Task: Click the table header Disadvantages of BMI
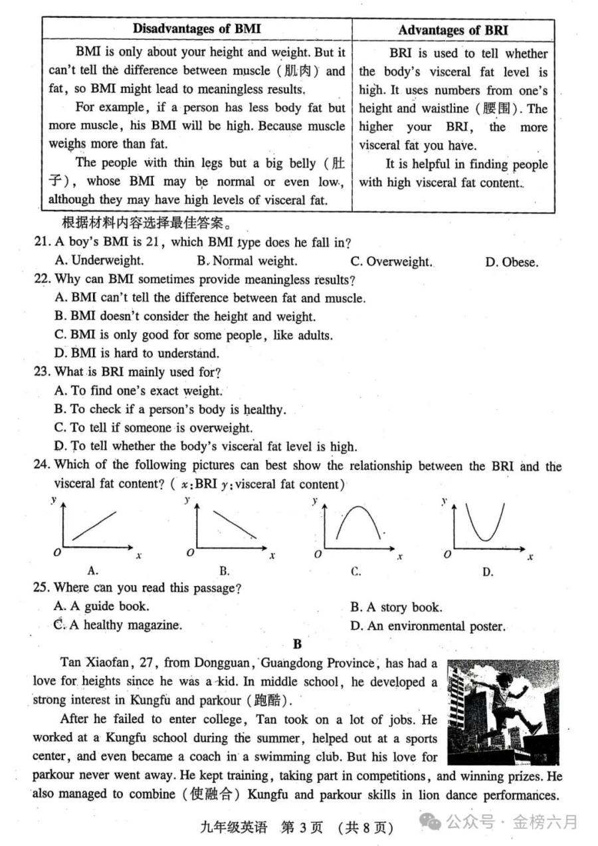pos(197,29)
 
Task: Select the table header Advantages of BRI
pos(453,30)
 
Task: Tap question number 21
pos(42,243)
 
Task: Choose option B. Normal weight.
pos(247,261)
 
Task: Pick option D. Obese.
pos(511,262)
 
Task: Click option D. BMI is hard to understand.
pos(136,354)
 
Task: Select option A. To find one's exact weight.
pos(138,391)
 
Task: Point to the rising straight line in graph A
pos(94,525)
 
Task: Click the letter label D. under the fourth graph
pos(488,572)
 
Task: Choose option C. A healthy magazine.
pos(118,625)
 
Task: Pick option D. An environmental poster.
pos(427,626)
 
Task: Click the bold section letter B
pos(297,644)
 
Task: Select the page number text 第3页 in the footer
pos(302,827)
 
